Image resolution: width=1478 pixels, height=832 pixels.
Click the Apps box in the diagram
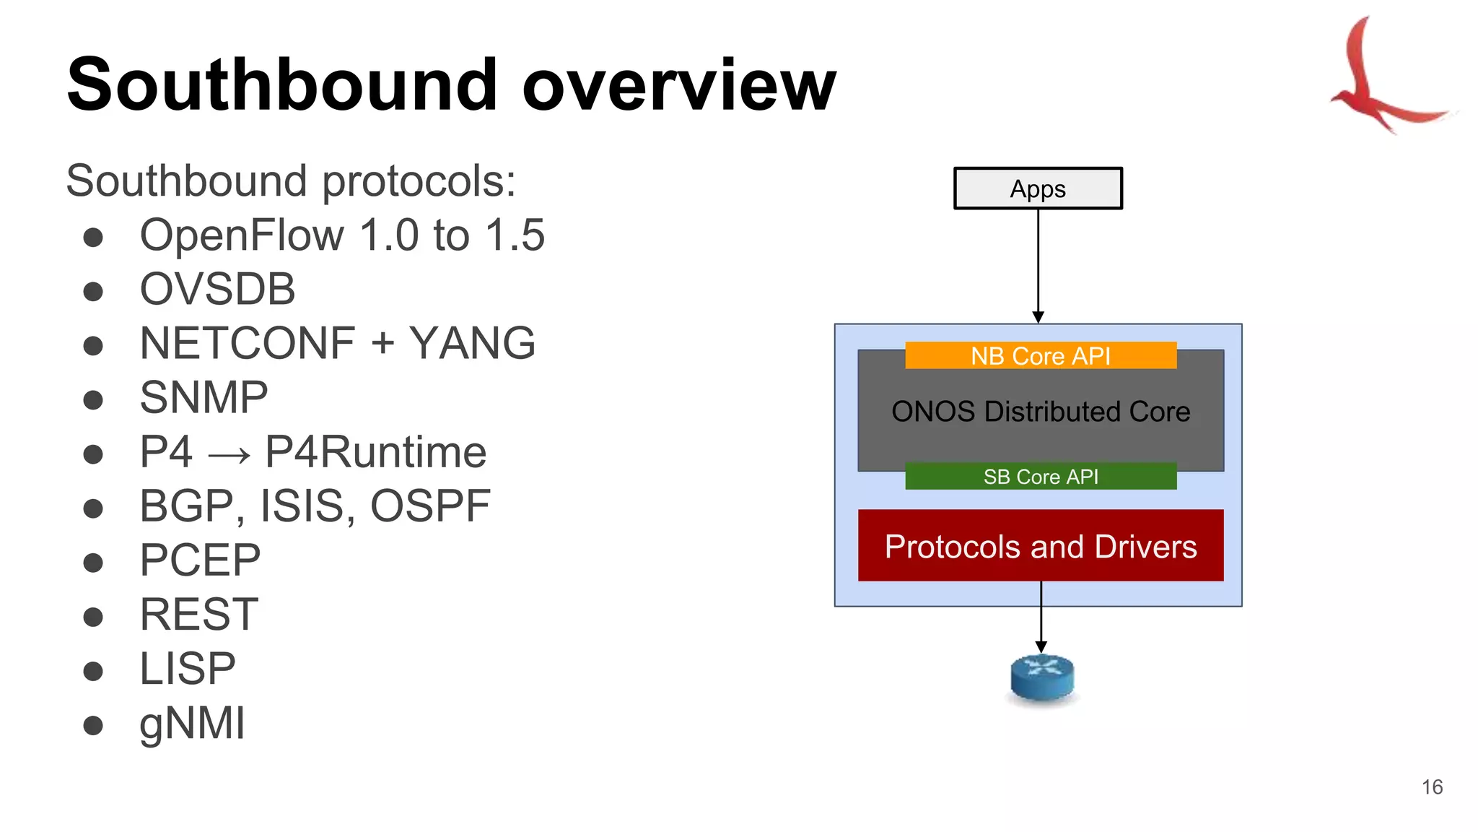click(1038, 188)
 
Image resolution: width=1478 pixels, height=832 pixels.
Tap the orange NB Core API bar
click(1040, 355)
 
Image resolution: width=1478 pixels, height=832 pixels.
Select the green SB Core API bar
click(1040, 477)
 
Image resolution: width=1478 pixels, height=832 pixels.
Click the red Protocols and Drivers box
click(1040, 546)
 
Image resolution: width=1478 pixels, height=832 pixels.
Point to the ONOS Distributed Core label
click(1040, 412)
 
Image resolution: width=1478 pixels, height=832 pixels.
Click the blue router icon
click(1041, 677)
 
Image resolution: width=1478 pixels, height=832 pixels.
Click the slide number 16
click(1432, 787)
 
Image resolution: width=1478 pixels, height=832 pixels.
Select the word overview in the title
click(678, 87)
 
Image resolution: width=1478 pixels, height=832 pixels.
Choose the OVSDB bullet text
click(217, 289)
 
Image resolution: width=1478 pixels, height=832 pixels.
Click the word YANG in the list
click(472, 343)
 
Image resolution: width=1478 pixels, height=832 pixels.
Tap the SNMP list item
click(204, 397)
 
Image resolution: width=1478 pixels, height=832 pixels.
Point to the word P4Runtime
click(375, 452)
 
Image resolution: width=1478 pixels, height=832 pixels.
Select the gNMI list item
click(192, 723)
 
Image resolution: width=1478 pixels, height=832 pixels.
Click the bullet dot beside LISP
click(93, 671)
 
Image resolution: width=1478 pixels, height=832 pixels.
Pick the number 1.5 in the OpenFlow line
click(515, 235)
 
